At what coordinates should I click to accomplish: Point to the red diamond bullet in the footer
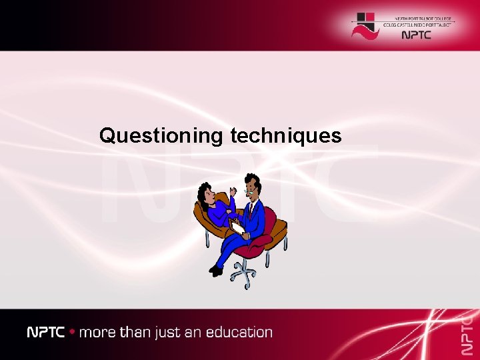(72, 332)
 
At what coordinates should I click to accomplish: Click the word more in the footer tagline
(97, 332)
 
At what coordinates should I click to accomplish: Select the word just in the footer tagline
(163, 332)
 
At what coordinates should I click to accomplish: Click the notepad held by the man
(237, 227)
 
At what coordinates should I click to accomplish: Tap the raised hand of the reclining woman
(232, 193)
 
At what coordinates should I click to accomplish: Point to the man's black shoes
(216, 270)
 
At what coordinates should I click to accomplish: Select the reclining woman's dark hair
(203, 193)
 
